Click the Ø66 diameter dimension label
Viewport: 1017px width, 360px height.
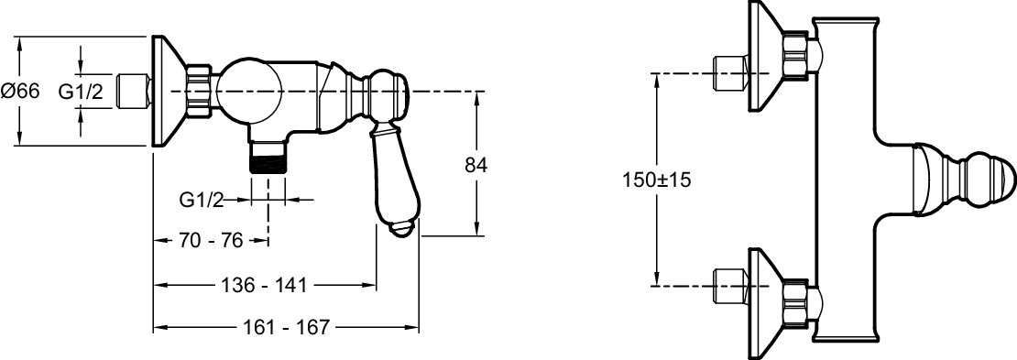coord(20,92)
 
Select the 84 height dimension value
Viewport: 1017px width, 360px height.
coord(476,165)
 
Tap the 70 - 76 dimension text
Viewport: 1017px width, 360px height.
coord(210,241)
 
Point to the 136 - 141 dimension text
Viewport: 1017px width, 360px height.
coord(264,285)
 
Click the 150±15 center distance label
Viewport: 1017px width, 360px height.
coord(656,180)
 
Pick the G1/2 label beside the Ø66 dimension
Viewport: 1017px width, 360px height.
coord(81,92)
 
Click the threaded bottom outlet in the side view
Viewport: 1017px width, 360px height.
coord(268,158)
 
